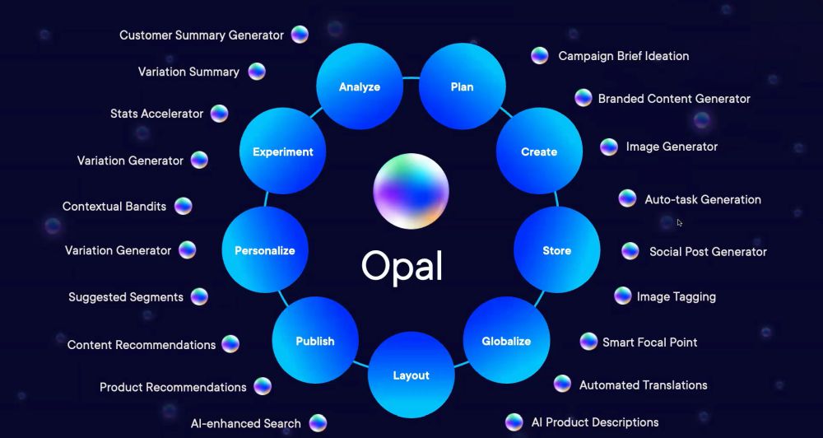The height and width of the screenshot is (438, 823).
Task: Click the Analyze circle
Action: tap(360, 86)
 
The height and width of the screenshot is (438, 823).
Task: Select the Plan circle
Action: tap(463, 86)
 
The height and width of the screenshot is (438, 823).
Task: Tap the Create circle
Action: tap(539, 151)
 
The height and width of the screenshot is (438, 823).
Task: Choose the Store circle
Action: tap(556, 250)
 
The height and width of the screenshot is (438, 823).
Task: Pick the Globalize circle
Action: tap(506, 341)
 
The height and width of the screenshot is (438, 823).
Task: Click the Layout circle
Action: tap(411, 375)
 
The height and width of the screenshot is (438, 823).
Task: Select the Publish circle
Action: tap(315, 341)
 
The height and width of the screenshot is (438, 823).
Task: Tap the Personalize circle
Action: tap(265, 250)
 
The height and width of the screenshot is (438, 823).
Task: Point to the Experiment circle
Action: tap(282, 151)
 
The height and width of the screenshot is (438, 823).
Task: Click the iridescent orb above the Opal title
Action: tap(411, 191)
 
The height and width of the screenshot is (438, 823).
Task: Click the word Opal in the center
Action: tap(402, 266)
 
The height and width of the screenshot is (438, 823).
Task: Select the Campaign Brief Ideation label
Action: tap(624, 56)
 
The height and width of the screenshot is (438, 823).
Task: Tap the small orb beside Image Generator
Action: tap(609, 147)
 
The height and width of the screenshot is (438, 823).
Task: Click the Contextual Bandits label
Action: tap(114, 207)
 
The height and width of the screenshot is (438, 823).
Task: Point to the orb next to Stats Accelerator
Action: tap(220, 114)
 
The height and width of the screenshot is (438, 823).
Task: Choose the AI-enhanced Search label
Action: tap(245, 423)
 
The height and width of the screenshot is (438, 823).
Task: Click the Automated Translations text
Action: tap(643, 385)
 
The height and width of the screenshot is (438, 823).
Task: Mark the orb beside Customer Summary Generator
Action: tap(300, 35)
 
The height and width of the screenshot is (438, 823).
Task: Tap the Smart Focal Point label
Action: tap(650, 342)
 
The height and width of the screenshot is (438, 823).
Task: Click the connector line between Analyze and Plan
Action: tap(411, 78)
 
